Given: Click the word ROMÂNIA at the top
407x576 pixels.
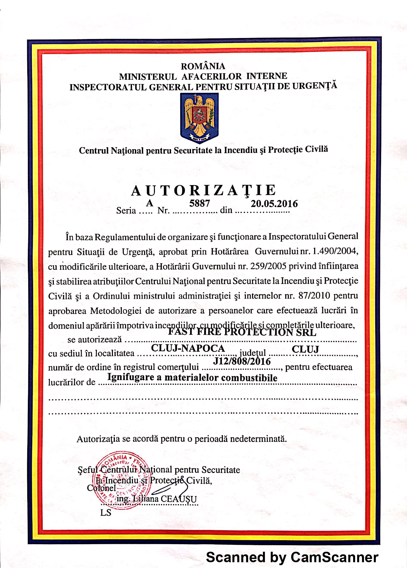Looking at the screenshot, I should tap(203, 66).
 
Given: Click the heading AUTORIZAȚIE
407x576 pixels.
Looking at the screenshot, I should tap(203, 191).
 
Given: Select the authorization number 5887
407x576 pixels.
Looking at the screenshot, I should tap(199, 203).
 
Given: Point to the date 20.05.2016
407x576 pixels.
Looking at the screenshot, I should tap(274, 204).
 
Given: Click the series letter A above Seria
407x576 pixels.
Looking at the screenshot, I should tap(149, 203).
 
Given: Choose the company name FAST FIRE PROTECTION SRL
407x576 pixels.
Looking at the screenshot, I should tap(242, 332).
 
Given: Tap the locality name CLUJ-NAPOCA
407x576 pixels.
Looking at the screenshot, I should tap(188, 348).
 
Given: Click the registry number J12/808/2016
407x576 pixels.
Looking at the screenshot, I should tap(242, 361).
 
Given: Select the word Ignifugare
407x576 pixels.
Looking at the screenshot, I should tap(131, 377).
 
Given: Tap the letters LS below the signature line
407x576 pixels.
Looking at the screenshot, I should tap(106, 513).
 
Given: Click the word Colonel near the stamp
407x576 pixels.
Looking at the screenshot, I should tap(101, 488).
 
